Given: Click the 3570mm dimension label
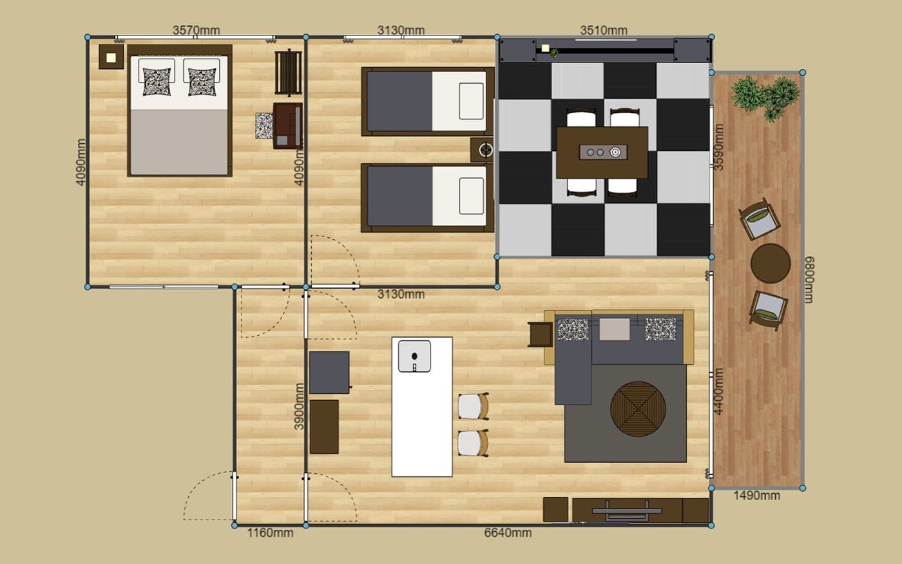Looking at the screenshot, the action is (196, 30).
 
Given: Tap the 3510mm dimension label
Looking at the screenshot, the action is (604, 30).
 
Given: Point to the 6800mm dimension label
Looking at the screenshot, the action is (809, 280).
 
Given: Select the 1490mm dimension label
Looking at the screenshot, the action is (756, 496).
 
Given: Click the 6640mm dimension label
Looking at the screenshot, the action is (508, 532).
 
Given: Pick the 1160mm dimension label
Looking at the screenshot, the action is (270, 532).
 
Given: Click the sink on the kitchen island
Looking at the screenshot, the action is (414, 356).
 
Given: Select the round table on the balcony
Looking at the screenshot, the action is (771, 264).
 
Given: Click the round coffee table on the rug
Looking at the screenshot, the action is (638, 409).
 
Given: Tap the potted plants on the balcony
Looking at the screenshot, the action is (765, 98).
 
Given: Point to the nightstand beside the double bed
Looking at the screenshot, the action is (111, 57).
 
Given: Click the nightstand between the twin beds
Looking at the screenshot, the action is (483, 150).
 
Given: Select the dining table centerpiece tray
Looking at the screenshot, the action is (603, 152).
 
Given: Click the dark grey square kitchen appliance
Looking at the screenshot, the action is (329, 373).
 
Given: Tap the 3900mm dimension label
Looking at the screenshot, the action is (299, 406).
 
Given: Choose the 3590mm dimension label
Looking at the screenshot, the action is (719, 147).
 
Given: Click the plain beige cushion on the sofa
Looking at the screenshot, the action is (615, 329).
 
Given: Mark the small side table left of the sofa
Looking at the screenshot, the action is (541, 335).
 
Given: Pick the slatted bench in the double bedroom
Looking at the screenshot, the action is (289, 72).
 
